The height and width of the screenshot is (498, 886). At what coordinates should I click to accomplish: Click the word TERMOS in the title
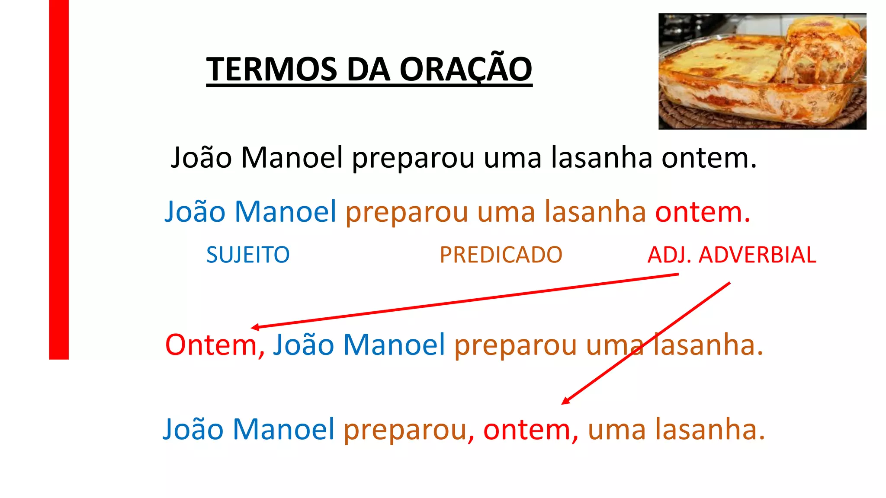[x=271, y=69]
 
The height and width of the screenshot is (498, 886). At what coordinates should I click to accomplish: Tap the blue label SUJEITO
[x=248, y=255]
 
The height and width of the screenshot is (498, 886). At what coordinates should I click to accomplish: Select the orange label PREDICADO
[x=501, y=255]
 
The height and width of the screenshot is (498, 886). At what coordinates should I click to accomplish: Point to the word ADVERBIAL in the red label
[x=757, y=255]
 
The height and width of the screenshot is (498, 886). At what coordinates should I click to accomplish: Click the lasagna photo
[x=762, y=71]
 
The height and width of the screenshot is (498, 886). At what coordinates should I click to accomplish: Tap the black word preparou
[x=413, y=158]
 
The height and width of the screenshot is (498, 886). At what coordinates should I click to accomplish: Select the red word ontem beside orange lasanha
[x=698, y=212]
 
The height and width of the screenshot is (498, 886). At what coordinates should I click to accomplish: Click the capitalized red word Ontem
[x=211, y=345]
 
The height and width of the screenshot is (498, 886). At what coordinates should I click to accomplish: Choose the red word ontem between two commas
[x=527, y=430]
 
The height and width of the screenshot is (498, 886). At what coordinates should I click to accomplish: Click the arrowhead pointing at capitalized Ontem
[x=255, y=327]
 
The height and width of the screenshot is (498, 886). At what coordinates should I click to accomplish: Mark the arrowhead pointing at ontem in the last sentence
[x=565, y=401]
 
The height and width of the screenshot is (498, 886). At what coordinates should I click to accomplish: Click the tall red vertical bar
[x=59, y=179]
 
